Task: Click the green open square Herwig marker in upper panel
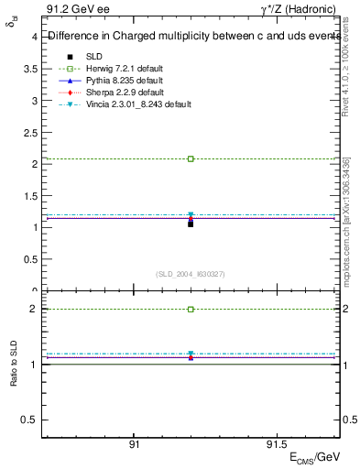point(191,158)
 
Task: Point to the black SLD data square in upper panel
point(191,224)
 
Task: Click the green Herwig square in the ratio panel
point(191,310)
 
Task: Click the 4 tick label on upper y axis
point(34,38)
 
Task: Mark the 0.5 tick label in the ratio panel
point(29,420)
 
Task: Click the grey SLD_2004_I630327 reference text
point(191,274)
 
